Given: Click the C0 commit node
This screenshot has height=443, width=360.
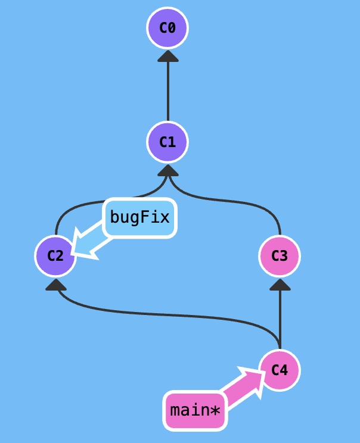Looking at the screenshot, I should (x=167, y=27).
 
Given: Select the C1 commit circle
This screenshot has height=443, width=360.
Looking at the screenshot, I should (x=167, y=142).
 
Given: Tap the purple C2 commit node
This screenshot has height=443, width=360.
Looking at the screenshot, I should (x=55, y=256).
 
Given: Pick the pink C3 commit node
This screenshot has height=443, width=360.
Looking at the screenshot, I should (x=280, y=256).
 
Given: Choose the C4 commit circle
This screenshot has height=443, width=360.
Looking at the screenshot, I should (x=280, y=370).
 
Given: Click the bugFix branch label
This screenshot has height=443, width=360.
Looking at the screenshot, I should (x=140, y=217).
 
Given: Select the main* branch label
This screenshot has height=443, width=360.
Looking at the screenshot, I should (x=195, y=410).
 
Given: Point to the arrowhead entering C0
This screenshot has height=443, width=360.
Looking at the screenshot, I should (x=167, y=55).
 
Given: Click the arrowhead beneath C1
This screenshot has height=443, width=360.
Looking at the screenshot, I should (x=167, y=170).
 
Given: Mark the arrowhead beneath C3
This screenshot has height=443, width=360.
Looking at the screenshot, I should (x=280, y=285).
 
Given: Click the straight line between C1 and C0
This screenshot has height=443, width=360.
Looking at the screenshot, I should (x=167, y=89).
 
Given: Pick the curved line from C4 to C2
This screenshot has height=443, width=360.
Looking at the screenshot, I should (x=179, y=314).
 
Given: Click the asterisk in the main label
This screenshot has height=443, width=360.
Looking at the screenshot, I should (x=215, y=410).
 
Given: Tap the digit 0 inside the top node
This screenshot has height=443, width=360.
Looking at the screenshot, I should (x=172, y=27).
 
